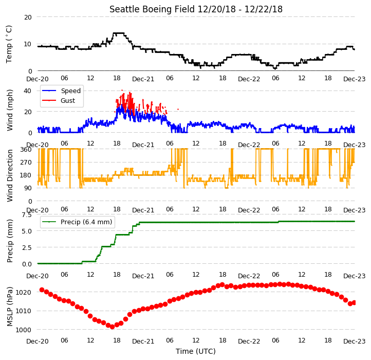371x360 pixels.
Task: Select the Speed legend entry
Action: click(71, 91)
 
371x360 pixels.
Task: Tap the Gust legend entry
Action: click(68, 101)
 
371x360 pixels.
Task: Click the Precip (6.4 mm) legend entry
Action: click(86, 222)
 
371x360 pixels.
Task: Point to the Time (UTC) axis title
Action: click(195, 351)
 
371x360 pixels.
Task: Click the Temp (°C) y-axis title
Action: click(9, 44)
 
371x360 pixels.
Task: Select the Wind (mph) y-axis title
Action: click(9, 110)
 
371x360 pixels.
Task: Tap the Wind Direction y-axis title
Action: click(9, 175)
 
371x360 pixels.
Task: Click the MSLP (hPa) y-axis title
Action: click(9, 307)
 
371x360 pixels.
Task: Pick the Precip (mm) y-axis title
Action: click(9, 241)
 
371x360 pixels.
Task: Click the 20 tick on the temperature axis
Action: click(28, 17)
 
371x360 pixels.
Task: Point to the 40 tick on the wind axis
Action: click(28, 91)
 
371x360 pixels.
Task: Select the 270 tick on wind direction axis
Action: click(26, 163)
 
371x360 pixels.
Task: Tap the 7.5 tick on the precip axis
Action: click(27, 215)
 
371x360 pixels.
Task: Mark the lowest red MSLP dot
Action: click(113, 327)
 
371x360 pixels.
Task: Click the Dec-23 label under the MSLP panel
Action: click(354, 341)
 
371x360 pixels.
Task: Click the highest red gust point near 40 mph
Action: click(122, 90)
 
